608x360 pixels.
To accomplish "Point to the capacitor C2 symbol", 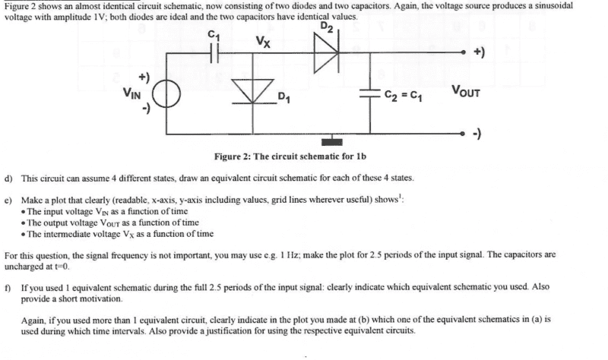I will (x=372, y=96).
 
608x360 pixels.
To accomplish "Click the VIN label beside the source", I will (x=133, y=94).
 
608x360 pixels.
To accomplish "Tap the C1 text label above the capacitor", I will (x=214, y=33).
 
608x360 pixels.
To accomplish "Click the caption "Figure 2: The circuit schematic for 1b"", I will (x=290, y=156).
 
